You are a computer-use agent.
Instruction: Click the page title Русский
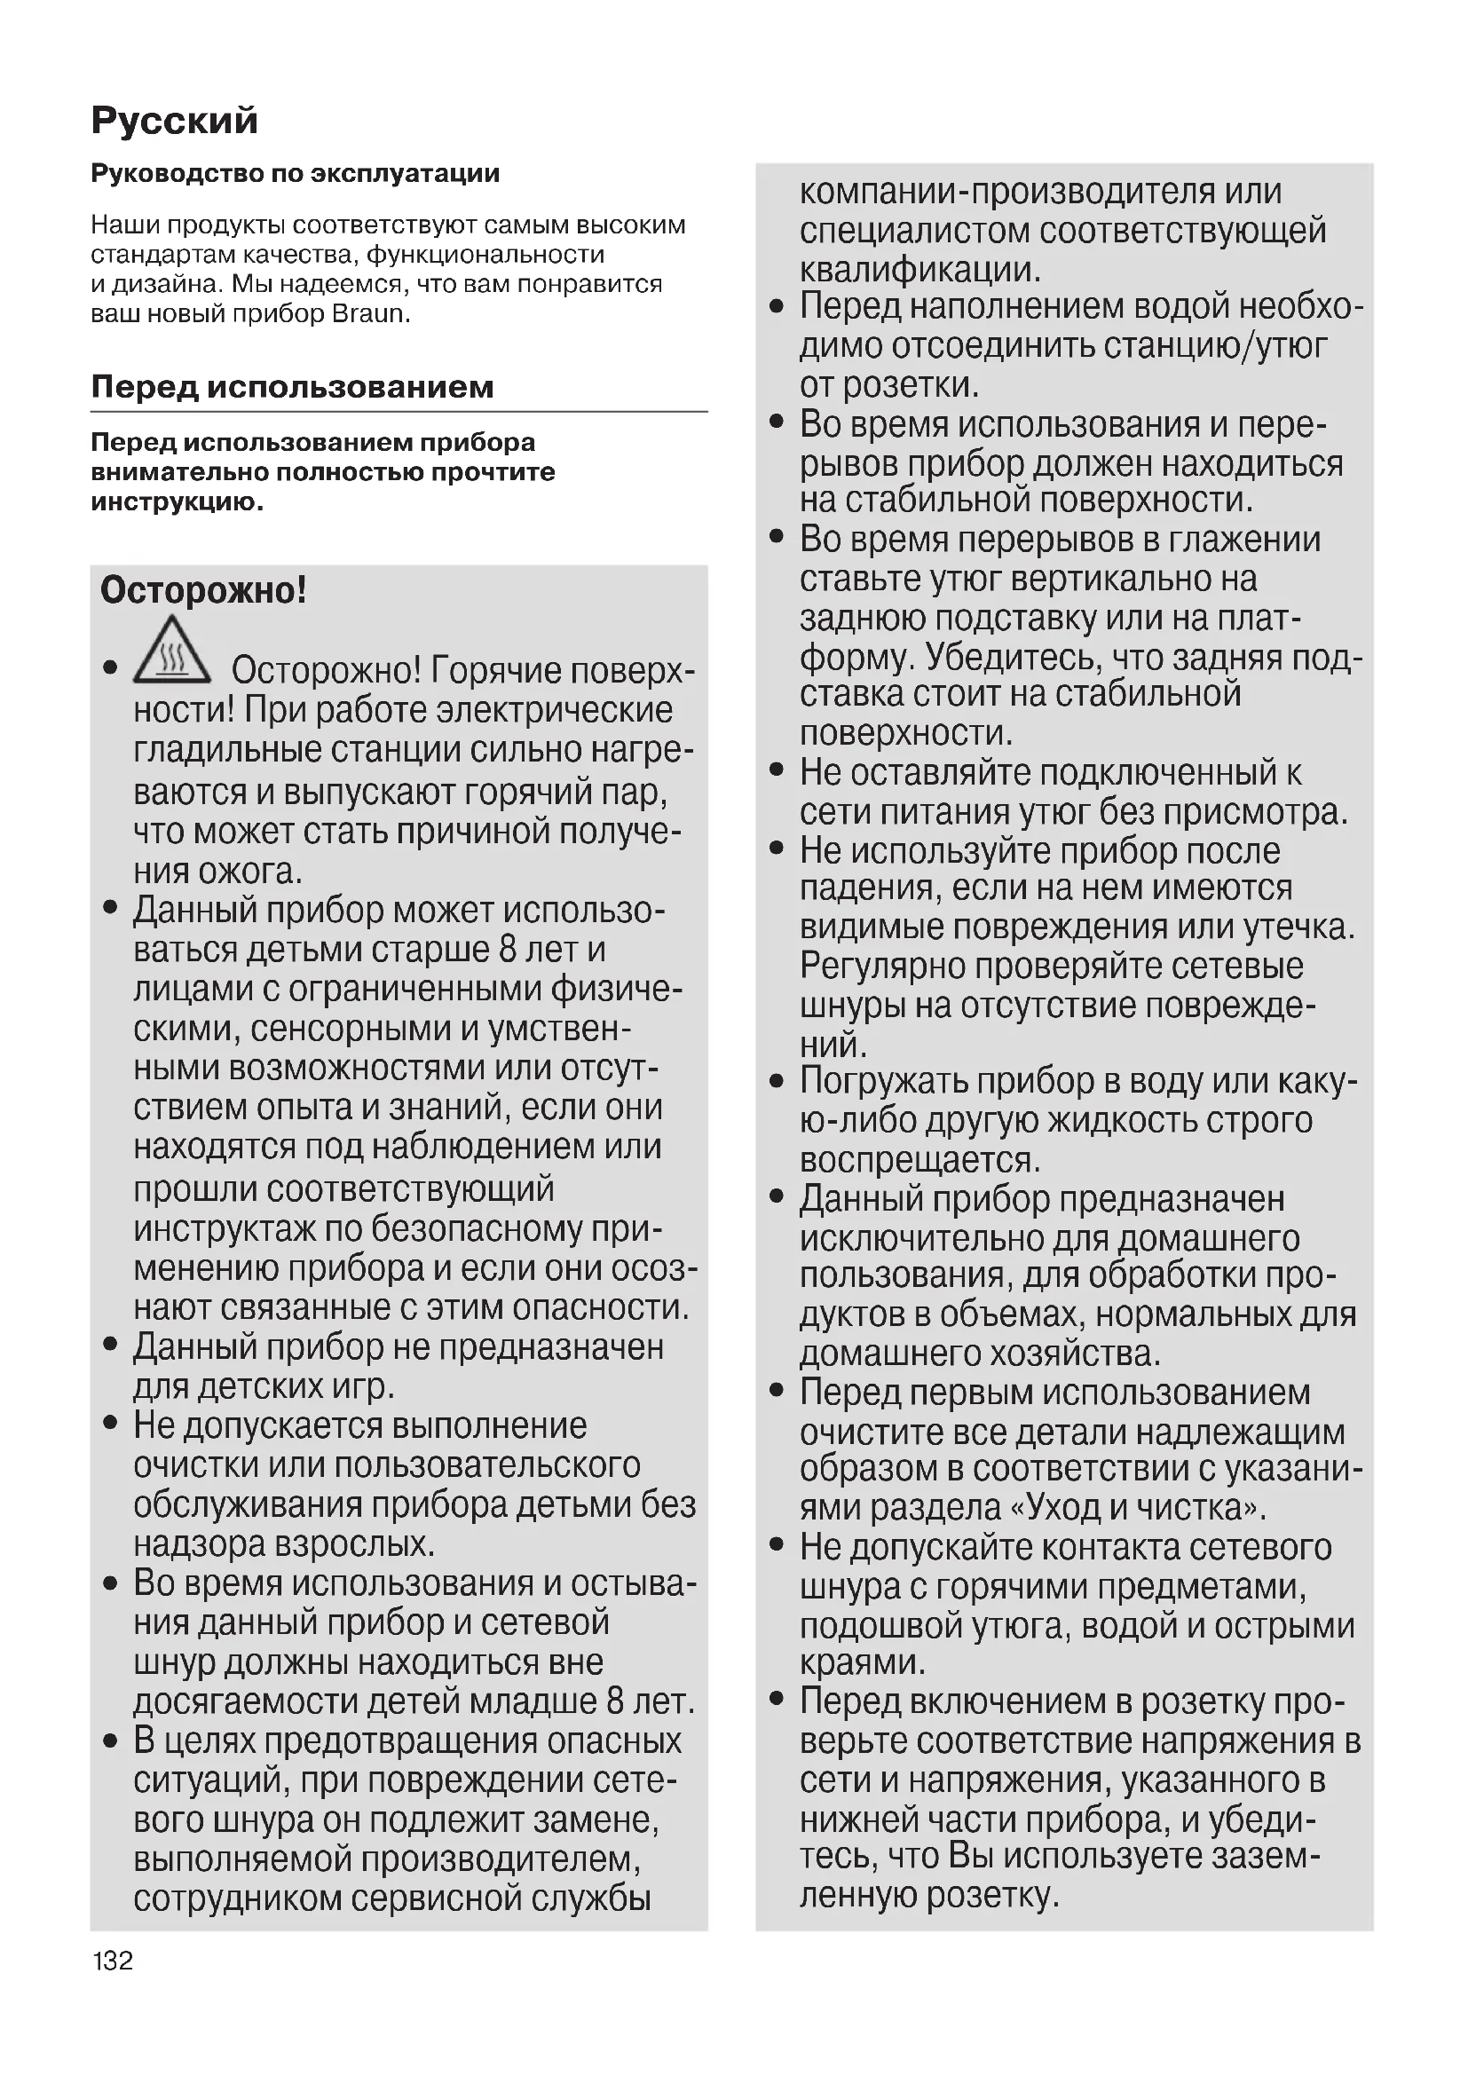[x=175, y=120]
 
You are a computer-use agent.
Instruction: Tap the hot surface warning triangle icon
[x=172, y=651]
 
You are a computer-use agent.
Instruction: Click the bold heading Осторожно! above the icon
[x=203, y=590]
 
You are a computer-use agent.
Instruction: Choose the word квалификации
[x=920, y=270]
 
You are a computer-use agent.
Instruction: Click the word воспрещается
[x=920, y=1159]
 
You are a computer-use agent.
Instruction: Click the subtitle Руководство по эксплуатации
[x=295, y=174]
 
